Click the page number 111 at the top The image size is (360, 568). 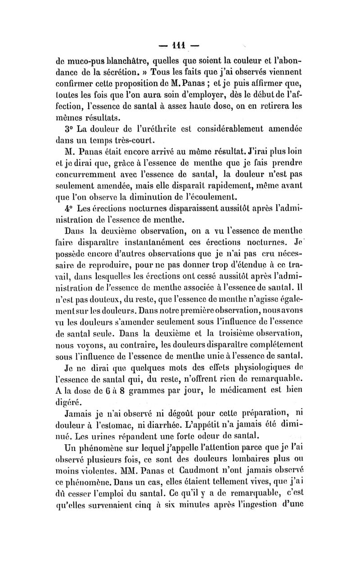pos(181,46)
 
